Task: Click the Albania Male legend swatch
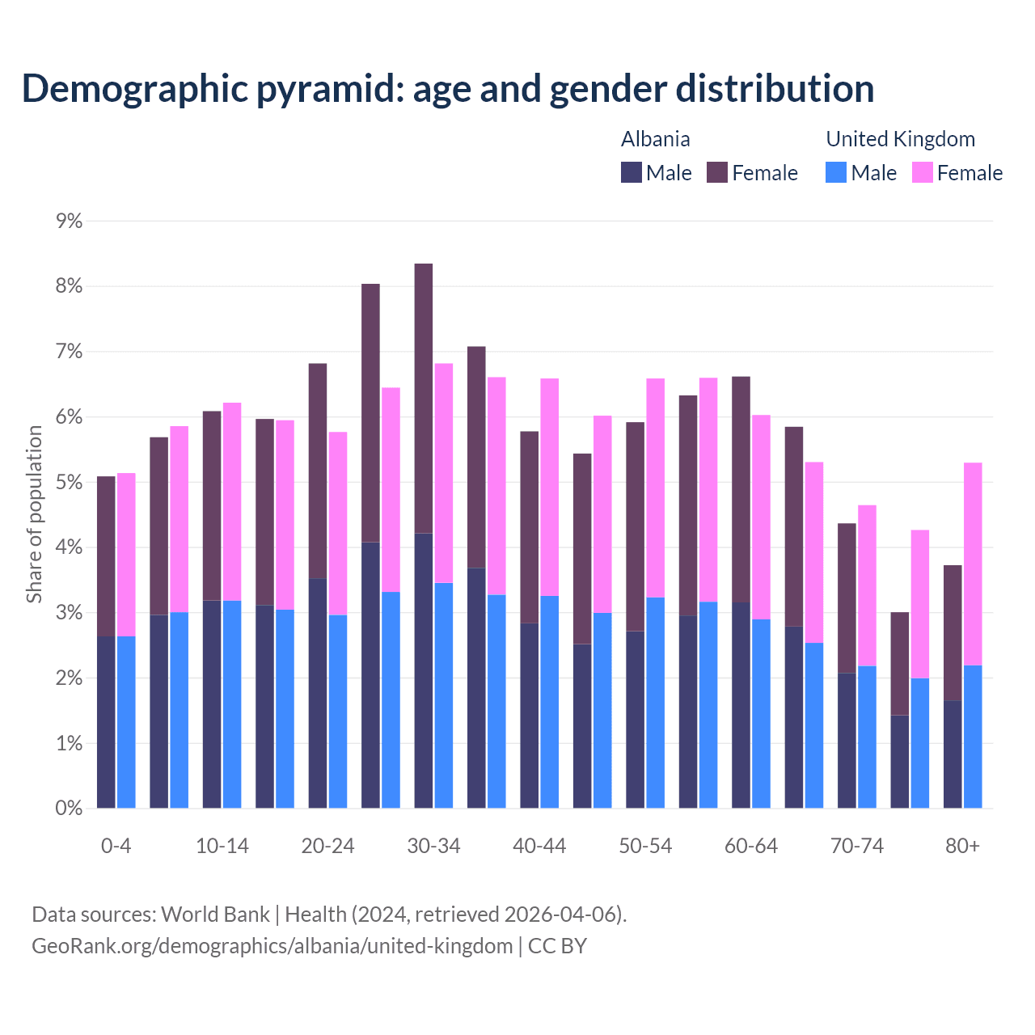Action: click(x=632, y=172)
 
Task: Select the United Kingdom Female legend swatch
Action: click(x=923, y=172)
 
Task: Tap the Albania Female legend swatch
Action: click(x=717, y=172)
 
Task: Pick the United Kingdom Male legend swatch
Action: click(x=836, y=172)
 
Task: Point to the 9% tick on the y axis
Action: click(x=70, y=221)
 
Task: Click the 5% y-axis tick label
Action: click(x=70, y=483)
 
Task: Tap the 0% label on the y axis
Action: click(x=70, y=809)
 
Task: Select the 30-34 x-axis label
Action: click(x=433, y=846)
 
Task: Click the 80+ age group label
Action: click(x=962, y=846)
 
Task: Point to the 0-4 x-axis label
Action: click(x=116, y=846)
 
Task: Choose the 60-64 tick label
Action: click(x=751, y=846)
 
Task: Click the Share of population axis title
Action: click(x=35, y=514)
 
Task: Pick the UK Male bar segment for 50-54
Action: click(x=656, y=703)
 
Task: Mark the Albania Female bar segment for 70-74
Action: click(x=847, y=598)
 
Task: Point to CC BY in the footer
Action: click(x=557, y=945)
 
